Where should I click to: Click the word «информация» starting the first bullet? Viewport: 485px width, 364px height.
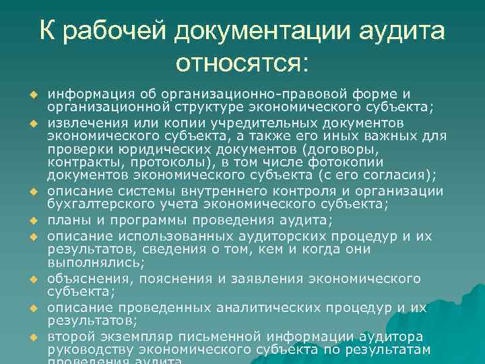point(87,93)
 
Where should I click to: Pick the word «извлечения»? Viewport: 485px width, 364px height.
point(86,123)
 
